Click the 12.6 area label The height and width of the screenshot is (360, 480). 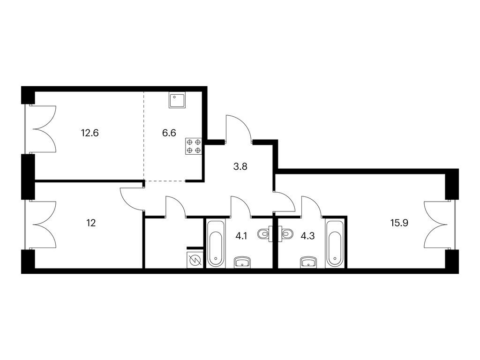click(x=90, y=133)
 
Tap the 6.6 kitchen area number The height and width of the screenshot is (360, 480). click(x=169, y=133)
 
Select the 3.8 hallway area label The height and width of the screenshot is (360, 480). click(x=240, y=167)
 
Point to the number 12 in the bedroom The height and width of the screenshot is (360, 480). click(x=91, y=223)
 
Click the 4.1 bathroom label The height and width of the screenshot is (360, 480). click(x=241, y=236)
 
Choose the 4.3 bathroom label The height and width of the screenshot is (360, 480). click(x=308, y=236)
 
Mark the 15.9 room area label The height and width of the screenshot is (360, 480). click(x=399, y=223)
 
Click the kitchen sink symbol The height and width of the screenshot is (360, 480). click(x=178, y=100)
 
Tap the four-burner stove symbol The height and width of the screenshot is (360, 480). click(x=194, y=146)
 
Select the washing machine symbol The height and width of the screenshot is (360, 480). click(x=195, y=261)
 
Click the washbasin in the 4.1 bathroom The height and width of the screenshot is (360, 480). click(x=242, y=262)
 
